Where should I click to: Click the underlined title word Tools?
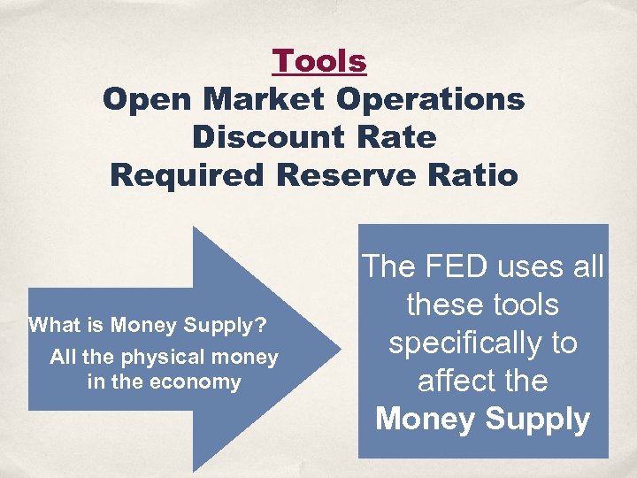coord(318,61)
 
